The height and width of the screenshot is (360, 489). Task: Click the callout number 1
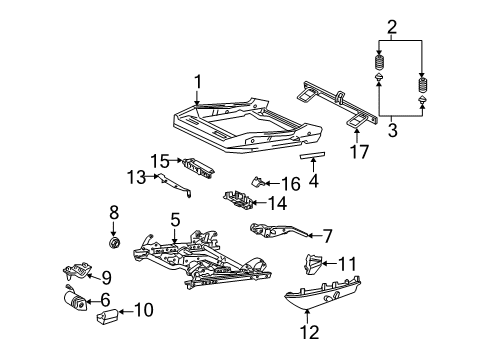198,81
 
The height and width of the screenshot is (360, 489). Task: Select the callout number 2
391,28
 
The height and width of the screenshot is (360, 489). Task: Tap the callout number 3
391,130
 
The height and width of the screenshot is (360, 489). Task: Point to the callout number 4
314,181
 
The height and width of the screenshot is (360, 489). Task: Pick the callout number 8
114,211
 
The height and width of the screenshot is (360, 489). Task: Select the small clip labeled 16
257,182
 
